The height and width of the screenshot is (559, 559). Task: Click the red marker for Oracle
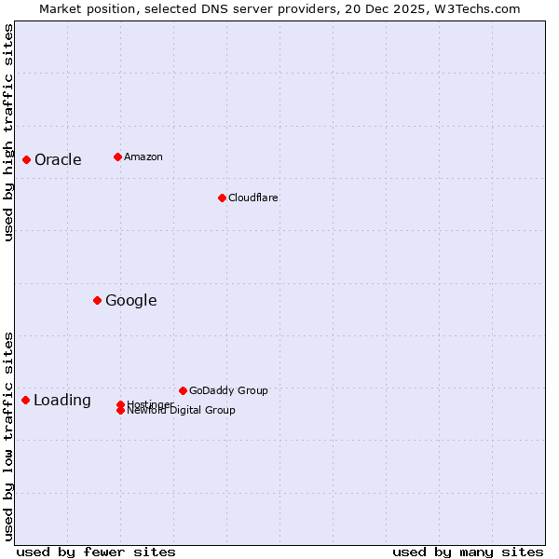pyautogui.click(x=26, y=160)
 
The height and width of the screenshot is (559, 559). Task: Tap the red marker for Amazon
pyautogui.click(x=117, y=157)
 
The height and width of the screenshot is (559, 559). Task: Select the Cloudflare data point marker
pyautogui.click(x=222, y=198)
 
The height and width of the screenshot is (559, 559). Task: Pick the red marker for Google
pyautogui.click(x=97, y=300)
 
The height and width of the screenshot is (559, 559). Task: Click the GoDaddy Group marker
pyautogui.click(x=183, y=390)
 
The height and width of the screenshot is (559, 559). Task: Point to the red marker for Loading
pyautogui.click(x=25, y=400)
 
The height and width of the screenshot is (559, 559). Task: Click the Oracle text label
pyautogui.click(x=58, y=160)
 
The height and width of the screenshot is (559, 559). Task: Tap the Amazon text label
pyautogui.click(x=143, y=157)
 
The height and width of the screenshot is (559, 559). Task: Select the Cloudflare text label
pyautogui.click(x=252, y=198)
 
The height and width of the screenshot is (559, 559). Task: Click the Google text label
pyautogui.click(x=130, y=300)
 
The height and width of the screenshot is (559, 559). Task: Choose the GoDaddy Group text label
pyautogui.click(x=228, y=390)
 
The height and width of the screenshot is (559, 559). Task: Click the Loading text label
pyautogui.click(x=62, y=401)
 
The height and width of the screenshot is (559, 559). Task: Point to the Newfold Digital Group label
pyautogui.click(x=181, y=410)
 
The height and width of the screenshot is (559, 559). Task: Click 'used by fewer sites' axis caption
pyautogui.click(x=96, y=552)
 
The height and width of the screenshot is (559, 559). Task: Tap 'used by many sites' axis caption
pyautogui.click(x=468, y=552)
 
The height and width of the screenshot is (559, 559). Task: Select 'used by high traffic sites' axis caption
pyautogui.click(x=8, y=133)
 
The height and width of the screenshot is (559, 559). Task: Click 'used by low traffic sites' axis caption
pyautogui.click(x=8, y=436)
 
